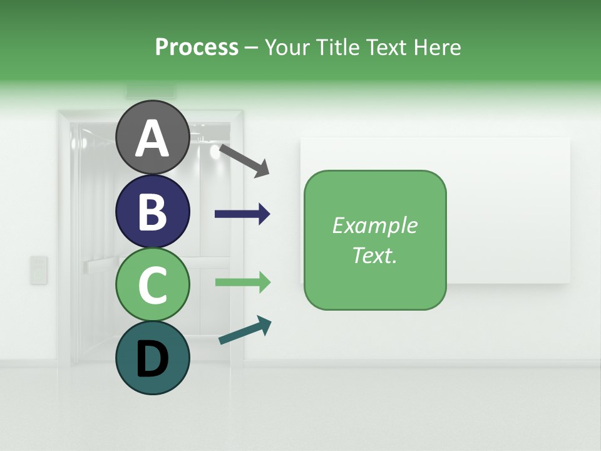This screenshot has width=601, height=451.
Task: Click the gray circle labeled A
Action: click(152, 137)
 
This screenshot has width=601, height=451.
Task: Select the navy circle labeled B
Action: click(152, 211)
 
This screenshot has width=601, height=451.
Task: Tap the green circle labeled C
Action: click(152, 284)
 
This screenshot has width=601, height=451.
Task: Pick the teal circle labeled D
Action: click(152, 358)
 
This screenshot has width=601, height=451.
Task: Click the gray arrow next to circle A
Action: click(244, 160)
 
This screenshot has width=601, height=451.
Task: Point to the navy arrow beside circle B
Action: click(242, 214)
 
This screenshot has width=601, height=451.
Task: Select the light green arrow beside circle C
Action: click(242, 282)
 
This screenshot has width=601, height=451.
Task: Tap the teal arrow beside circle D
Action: click(245, 330)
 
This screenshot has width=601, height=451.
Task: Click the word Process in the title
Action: click(197, 47)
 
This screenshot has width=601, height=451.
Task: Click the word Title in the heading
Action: click(338, 47)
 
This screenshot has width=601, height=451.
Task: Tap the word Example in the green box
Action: click(374, 225)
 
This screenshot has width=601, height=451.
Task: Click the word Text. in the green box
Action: click(374, 255)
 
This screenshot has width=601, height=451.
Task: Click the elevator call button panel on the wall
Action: click(39, 270)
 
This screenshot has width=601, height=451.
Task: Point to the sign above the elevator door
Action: click(145, 91)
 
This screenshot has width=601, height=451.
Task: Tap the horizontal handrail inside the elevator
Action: click(100, 267)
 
